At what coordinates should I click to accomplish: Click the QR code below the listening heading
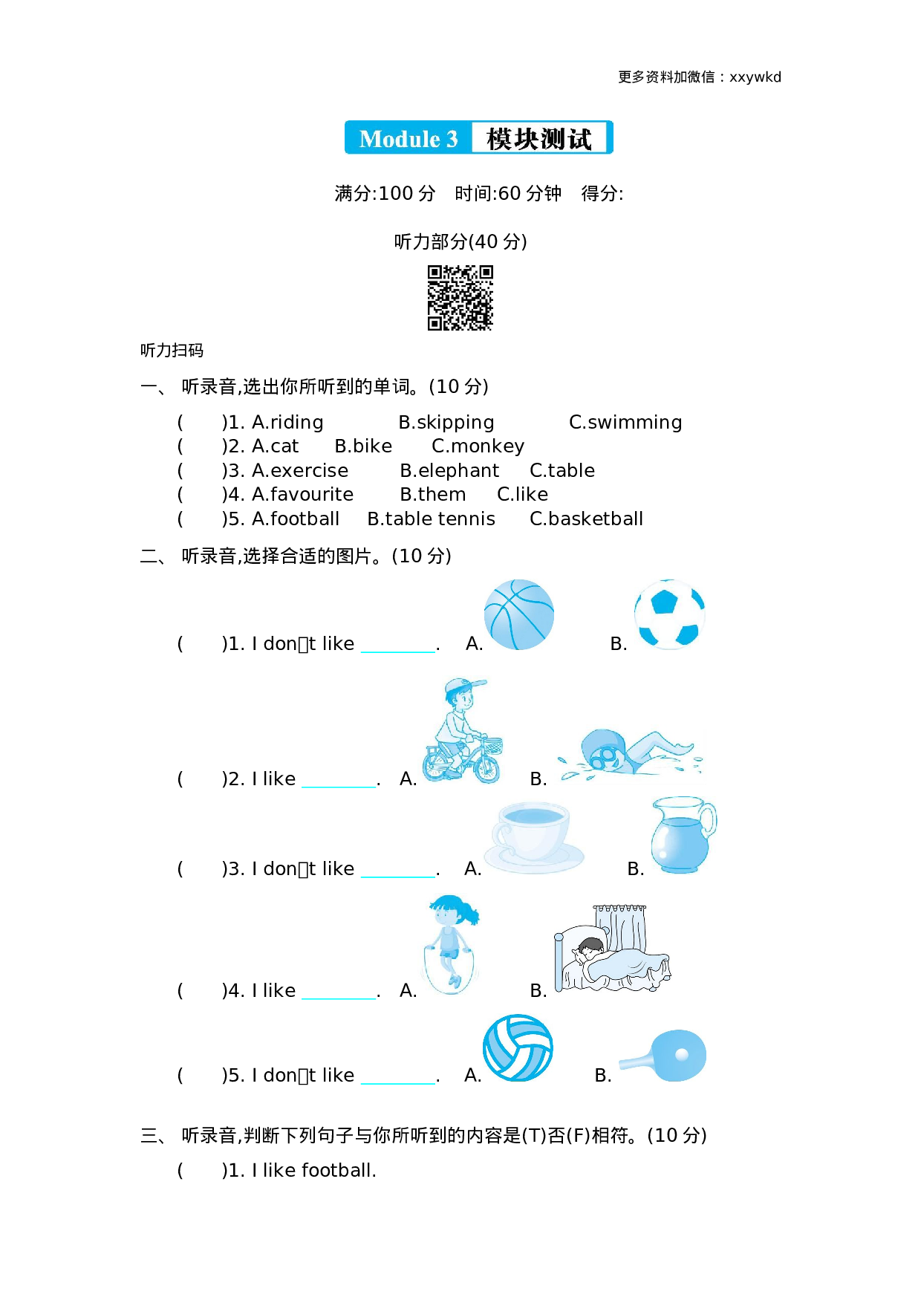click(x=461, y=297)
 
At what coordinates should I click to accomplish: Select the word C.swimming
click(x=625, y=423)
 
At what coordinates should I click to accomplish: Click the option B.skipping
click(x=446, y=423)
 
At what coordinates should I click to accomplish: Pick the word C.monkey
click(x=478, y=446)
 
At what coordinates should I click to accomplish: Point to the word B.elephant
click(x=449, y=471)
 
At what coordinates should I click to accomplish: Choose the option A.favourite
click(x=302, y=495)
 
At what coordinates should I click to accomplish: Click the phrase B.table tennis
click(x=431, y=519)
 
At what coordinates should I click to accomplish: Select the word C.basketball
click(x=586, y=519)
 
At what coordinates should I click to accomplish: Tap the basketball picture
click(x=519, y=614)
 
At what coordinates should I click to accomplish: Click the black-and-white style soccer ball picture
click(x=669, y=614)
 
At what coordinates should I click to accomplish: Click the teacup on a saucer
click(x=533, y=836)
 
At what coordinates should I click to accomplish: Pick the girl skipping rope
click(x=451, y=943)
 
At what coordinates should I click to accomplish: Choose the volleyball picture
click(x=518, y=1048)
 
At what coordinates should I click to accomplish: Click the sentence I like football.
click(x=313, y=1171)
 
